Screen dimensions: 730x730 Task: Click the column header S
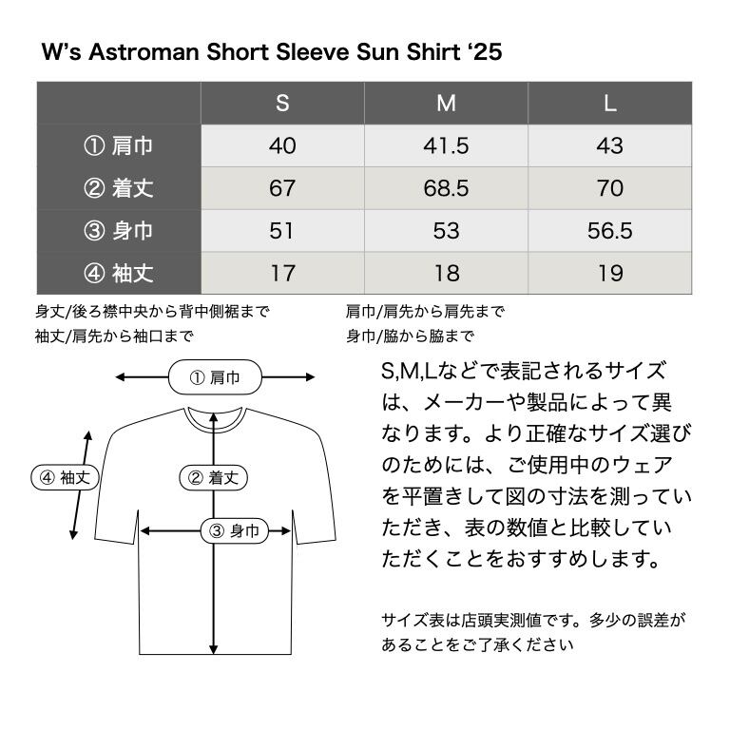coord(282,104)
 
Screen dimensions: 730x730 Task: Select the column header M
coord(446,104)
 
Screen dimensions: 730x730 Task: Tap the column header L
coord(610,104)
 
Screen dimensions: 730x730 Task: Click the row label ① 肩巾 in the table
coord(119,146)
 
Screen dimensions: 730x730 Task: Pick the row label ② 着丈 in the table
coord(119,188)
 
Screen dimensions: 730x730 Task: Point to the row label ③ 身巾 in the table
coord(119,231)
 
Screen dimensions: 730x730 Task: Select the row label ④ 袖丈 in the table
coord(119,274)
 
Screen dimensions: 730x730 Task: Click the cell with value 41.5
coord(446,146)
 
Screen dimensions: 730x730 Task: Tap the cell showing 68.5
coord(446,188)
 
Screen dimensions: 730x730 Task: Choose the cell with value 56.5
coord(610,231)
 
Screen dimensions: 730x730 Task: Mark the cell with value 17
coord(282,274)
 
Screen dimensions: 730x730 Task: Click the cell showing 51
coord(282,231)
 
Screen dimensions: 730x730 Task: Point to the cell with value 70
coord(610,188)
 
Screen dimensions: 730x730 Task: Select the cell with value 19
coord(610,274)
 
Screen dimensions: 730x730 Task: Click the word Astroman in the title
coord(142,51)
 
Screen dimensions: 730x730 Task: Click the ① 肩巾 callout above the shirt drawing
coord(216,377)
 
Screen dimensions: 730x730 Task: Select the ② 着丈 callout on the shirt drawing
coord(214,477)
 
